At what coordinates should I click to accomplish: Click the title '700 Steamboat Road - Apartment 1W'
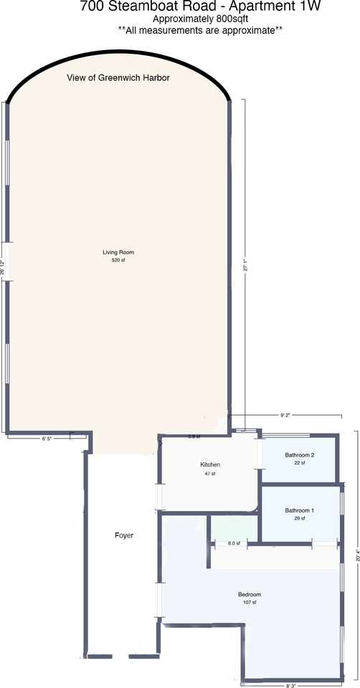[200, 7]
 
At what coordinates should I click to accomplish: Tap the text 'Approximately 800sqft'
[200, 19]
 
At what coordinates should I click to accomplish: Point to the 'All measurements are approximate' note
[200, 30]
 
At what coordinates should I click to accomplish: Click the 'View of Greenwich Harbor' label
[118, 77]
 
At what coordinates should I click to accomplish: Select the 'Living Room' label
[118, 252]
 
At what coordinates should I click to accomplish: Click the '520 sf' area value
[118, 260]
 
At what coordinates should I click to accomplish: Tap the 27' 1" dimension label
[245, 266]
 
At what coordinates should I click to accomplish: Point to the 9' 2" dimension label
[285, 414]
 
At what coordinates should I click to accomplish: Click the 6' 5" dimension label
[47, 437]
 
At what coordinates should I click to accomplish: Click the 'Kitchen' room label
[210, 465]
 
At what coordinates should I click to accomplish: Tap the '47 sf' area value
[210, 474]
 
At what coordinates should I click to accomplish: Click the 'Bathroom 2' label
[300, 455]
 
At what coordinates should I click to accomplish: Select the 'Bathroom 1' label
[300, 510]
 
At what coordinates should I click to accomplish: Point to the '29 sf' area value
[300, 518]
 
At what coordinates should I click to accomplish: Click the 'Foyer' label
[124, 535]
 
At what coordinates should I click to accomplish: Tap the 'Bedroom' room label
[250, 595]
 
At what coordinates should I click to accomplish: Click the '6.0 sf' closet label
[234, 544]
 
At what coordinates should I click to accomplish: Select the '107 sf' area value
[250, 603]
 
